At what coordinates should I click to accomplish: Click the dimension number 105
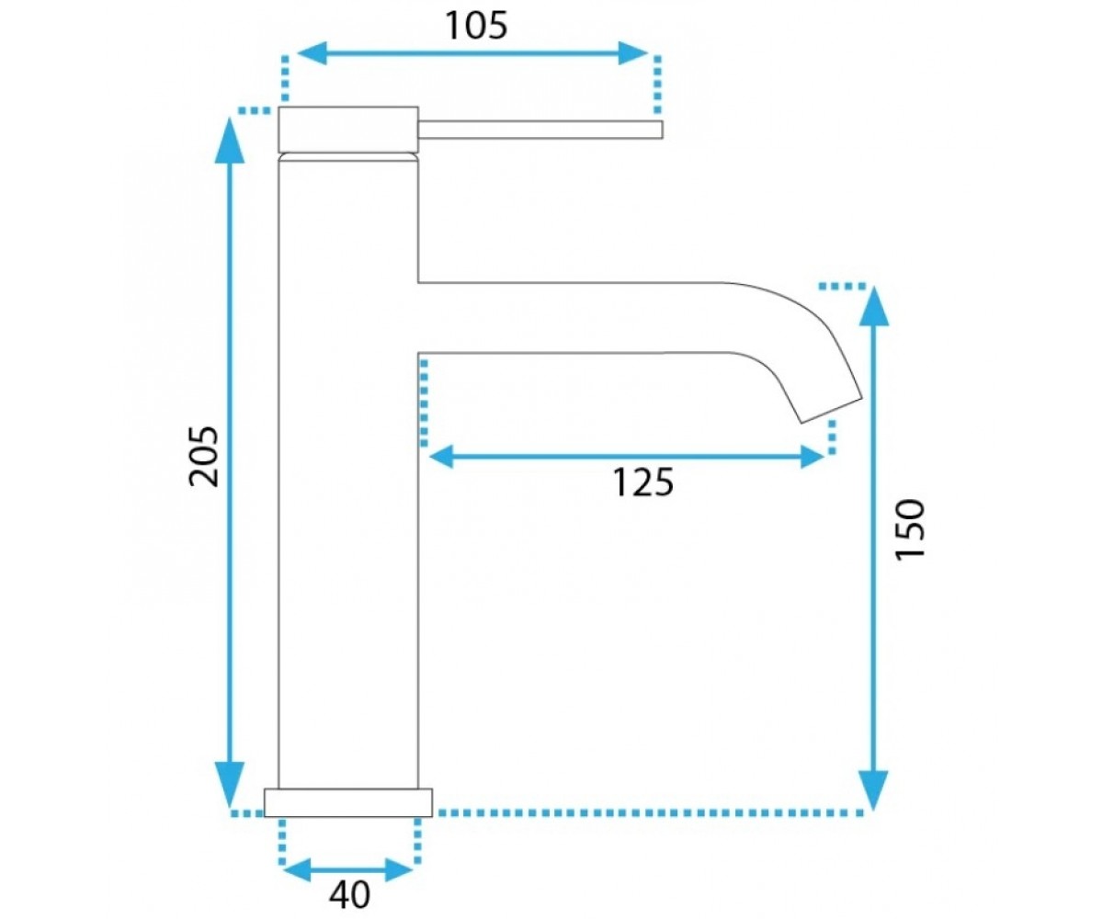point(476,26)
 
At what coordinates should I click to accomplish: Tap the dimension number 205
point(203,457)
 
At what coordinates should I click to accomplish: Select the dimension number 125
point(642,482)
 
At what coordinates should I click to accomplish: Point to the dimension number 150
point(910,529)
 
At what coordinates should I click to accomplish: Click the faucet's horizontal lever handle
point(540,130)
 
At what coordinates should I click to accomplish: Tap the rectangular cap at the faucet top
point(348,130)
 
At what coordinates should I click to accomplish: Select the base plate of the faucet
point(348,802)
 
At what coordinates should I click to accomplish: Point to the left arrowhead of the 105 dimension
point(313,53)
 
